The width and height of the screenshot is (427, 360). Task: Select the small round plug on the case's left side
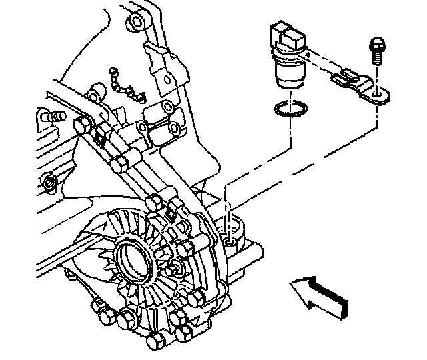(49, 181)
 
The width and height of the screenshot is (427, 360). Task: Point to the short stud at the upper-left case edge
(51, 117)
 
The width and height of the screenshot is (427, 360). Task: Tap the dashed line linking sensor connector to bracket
(320, 63)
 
